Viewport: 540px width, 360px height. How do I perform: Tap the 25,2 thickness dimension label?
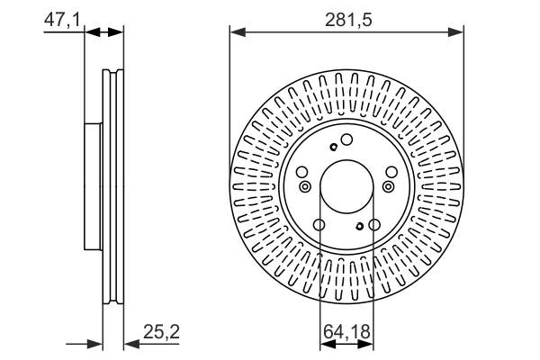[162, 332]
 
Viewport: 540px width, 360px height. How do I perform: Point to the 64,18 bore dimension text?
[346, 332]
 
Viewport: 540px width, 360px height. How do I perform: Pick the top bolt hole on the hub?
[346, 139]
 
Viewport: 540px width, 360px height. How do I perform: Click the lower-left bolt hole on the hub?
[319, 225]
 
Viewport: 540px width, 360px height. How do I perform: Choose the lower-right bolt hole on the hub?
[373, 225]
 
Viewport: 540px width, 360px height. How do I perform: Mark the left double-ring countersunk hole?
[304, 187]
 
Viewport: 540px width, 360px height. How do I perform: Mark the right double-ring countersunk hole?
[389, 187]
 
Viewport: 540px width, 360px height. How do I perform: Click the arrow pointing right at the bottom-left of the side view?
[95, 342]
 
